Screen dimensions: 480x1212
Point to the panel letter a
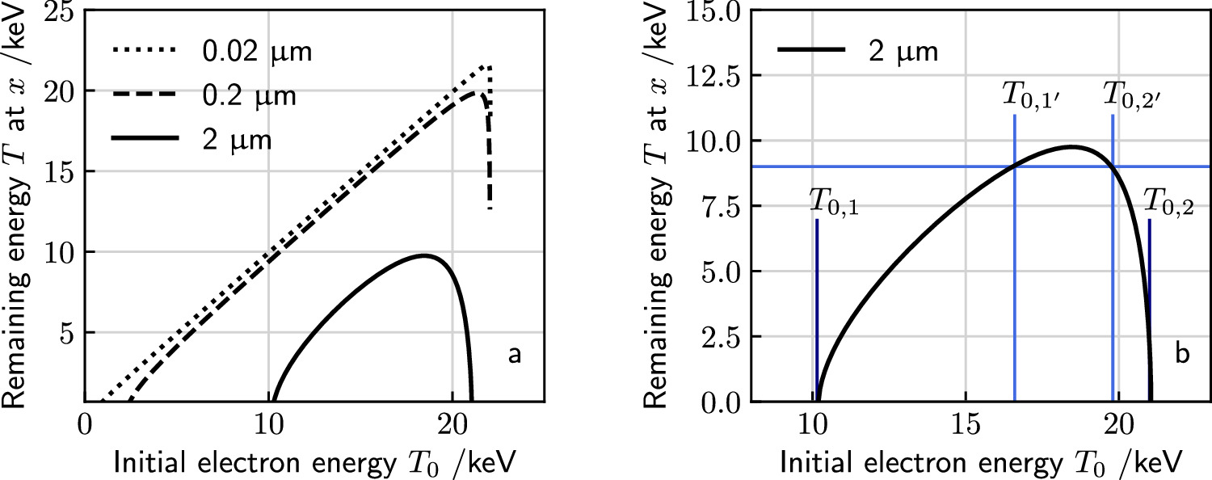tap(514, 355)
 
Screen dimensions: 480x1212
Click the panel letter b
tap(1181, 355)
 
